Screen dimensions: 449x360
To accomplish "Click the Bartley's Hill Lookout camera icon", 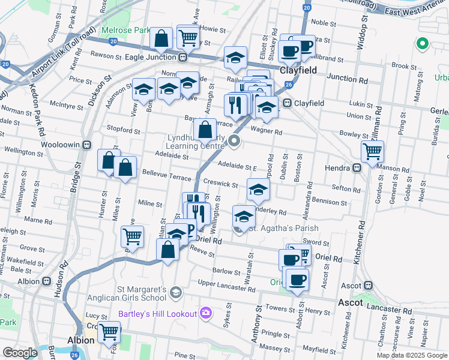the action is coord(206,313).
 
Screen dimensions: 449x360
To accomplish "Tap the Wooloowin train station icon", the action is coord(87,145).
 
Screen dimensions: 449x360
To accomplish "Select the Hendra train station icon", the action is coord(356,168).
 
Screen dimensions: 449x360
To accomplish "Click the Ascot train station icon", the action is coord(369,286).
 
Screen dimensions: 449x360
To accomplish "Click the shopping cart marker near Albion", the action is coord(109,331).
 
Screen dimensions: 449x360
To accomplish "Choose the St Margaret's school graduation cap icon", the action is coord(175,292).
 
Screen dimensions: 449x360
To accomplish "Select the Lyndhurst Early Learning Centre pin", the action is coord(234,142).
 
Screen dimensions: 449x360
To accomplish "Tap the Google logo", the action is coord(20,353).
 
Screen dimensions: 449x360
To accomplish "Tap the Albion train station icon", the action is coord(46,281).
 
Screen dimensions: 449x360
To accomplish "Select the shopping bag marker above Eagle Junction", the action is coord(162,40).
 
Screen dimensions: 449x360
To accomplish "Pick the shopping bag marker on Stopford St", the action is coord(205,129).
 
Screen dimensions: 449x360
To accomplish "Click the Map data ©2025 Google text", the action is coord(411,355).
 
